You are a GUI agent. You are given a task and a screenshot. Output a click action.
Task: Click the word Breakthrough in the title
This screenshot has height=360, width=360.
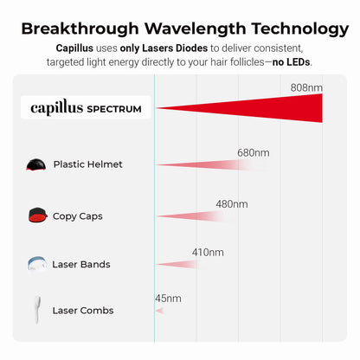point(80,29)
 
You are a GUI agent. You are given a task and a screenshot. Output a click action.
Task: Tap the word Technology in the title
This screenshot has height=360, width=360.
point(300,29)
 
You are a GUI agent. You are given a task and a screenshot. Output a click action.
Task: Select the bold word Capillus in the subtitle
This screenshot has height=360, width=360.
point(74,48)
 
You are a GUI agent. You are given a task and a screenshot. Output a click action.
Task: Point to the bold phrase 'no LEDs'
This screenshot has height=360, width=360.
point(292,62)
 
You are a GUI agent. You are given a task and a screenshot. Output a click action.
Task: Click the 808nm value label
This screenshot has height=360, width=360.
point(306,87)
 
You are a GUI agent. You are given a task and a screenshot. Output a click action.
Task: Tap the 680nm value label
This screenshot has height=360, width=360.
point(254,152)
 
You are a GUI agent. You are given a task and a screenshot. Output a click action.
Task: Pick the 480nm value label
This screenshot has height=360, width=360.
point(232,204)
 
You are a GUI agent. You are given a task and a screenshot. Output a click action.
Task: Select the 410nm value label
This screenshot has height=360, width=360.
point(208,253)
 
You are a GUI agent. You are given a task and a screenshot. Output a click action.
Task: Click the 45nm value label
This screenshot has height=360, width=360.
point(168,299)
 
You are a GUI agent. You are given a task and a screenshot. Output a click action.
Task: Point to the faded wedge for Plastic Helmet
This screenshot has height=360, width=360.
point(212,165)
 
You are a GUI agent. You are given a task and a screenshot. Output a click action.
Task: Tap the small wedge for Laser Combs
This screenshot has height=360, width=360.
point(160,311)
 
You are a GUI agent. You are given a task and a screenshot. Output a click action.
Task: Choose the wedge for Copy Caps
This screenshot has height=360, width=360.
point(193,216)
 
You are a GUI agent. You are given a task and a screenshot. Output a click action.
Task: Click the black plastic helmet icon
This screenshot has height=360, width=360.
point(36,164)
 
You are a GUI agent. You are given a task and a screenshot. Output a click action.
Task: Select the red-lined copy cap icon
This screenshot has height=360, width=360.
point(37,215)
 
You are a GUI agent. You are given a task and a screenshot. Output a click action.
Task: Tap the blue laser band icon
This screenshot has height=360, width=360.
point(37,263)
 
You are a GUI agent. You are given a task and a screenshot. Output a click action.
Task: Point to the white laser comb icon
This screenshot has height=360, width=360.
point(37,310)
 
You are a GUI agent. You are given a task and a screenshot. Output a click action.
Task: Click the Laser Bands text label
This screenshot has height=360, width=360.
point(81,264)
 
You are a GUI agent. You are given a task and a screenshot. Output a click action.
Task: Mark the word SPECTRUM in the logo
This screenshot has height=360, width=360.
point(114,109)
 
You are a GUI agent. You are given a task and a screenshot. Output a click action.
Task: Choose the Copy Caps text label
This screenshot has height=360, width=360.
point(78,216)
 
